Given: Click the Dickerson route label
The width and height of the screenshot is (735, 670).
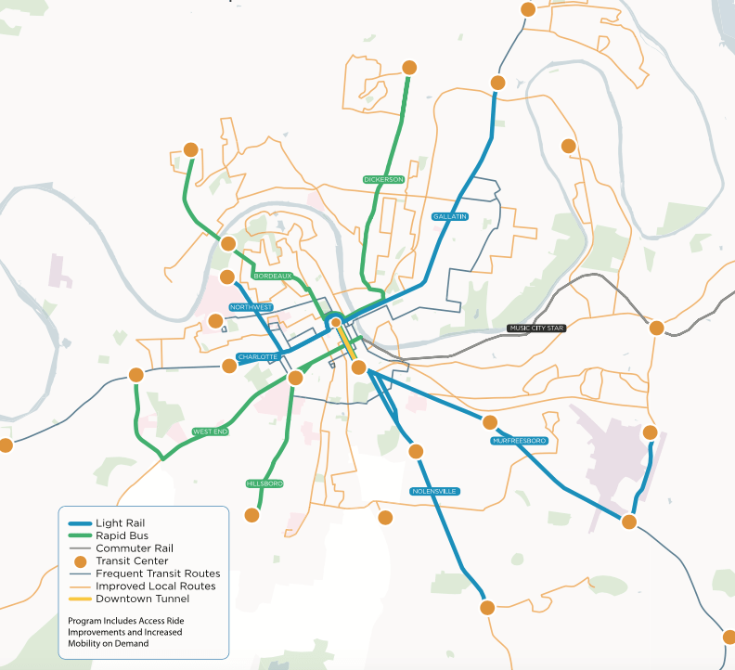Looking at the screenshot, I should pos(384,179).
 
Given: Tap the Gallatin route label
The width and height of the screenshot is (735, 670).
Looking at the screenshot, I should pos(450,216).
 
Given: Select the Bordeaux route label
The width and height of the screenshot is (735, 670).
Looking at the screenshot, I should pos(273,276).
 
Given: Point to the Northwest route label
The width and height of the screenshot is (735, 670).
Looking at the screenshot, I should pos(251,307).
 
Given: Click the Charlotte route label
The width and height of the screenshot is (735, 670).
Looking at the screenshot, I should pos(257,357).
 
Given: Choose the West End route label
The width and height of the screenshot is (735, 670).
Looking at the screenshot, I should pos(210,432).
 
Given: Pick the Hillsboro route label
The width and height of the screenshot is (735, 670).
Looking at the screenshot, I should pos(264,483).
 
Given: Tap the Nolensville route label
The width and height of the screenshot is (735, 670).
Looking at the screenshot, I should pos(435,490).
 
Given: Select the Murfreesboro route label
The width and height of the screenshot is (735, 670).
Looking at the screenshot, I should pos(520,440).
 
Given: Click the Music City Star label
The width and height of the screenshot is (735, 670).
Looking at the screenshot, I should pos(536,328).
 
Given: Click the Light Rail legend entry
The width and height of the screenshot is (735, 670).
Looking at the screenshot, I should pos(121,522).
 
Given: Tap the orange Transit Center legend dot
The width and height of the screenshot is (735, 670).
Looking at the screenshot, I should pos(80,561).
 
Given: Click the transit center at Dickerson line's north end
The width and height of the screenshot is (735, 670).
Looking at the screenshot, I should pos(408,67).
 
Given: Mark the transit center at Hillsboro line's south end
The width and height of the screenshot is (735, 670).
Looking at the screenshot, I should pos(251,514).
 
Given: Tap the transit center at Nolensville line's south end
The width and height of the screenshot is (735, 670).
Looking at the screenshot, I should pos(487,608).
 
